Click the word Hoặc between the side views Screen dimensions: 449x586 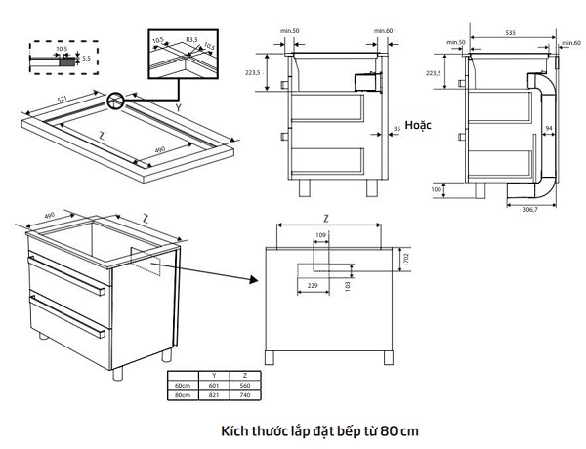[x=420, y=126]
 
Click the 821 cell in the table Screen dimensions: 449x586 [x=213, y=395]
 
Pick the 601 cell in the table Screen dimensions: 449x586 [x=213, y=386]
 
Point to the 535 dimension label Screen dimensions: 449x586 [x=511, y=32]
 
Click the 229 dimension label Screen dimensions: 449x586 [x=314, y=284]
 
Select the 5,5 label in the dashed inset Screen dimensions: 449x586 [x=86, y=59]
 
